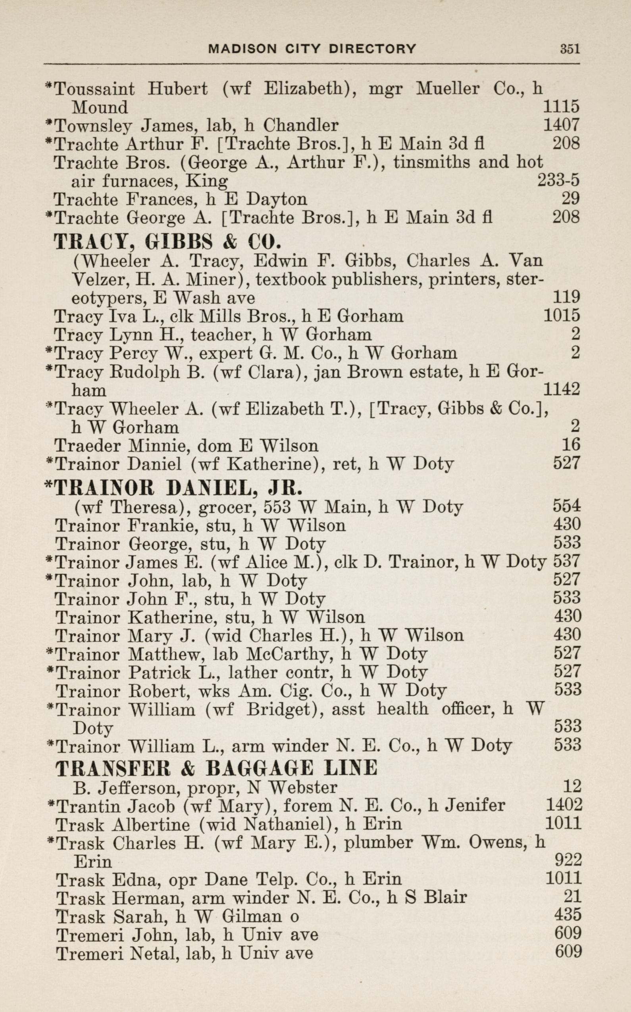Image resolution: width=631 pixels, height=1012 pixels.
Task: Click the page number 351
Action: coord(569,49)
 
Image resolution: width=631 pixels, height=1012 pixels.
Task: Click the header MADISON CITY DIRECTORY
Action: coord(312,49)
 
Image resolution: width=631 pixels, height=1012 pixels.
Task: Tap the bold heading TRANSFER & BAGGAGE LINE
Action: coord(216,768)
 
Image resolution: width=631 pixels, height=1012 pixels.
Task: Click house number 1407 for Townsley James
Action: coord(561,125)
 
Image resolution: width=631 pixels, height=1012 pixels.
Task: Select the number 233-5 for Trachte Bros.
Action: coord(558,180)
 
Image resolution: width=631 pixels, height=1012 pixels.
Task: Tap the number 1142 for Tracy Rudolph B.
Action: coord(561,389)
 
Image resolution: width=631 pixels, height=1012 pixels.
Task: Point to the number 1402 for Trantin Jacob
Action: coord(564,804)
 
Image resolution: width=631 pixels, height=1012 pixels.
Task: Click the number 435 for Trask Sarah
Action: coord(568,914)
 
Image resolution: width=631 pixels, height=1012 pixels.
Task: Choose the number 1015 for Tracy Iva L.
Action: coord(561,316)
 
